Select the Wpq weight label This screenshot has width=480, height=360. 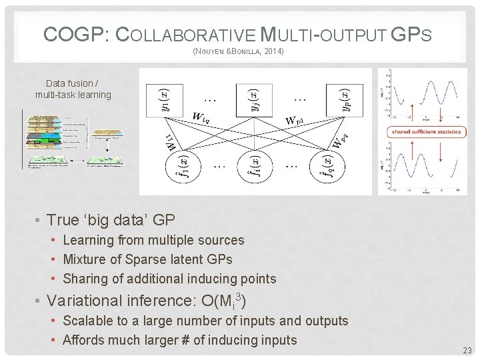tap(341, 141)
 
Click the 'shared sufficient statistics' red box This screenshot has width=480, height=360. tap(426, 131)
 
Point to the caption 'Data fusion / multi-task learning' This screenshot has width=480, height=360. tap(73, 89)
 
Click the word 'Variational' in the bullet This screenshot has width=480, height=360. tap(86, 301)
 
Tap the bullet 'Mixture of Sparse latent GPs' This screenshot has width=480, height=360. tap(147, 259)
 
